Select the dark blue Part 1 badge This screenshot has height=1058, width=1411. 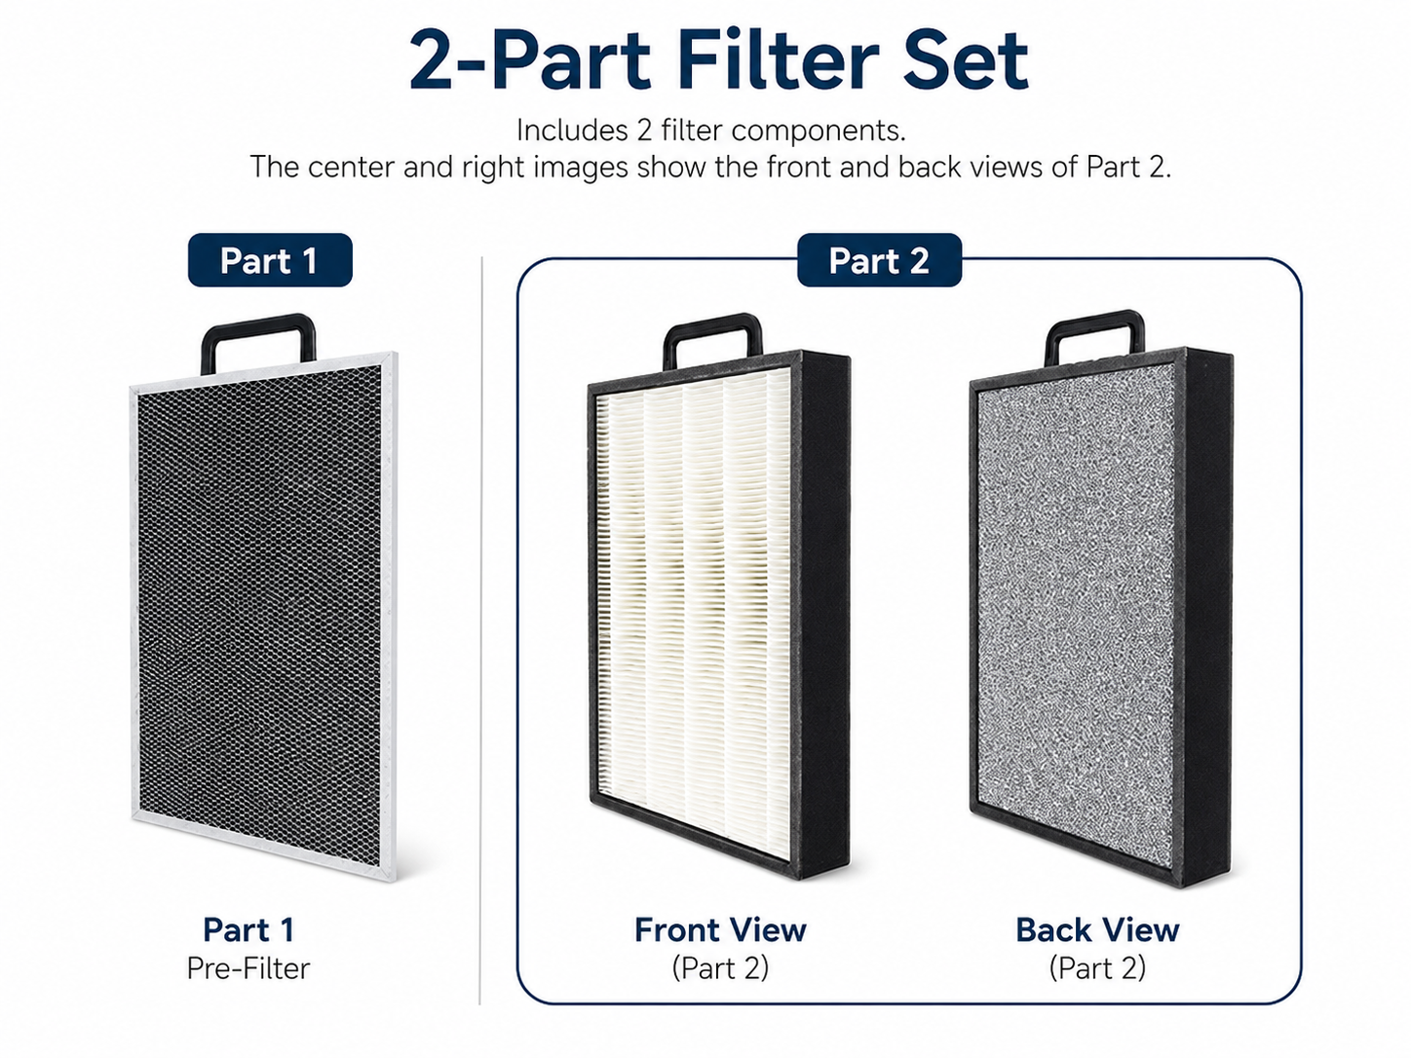coord(270,260)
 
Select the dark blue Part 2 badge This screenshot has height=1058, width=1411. coord(879,260)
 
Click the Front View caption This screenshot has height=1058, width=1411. coord(720,930)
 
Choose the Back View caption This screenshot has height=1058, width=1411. coord(1098,930)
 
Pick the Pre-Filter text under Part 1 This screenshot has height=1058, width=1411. coord(248,968)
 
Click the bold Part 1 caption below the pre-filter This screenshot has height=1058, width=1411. coord(248,929)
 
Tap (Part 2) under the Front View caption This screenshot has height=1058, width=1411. coord(720,968)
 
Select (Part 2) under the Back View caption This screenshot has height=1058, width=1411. coord(1097,968)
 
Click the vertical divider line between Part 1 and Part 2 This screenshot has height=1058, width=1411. coord(480,630)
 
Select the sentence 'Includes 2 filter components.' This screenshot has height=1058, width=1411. coord(711,131)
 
